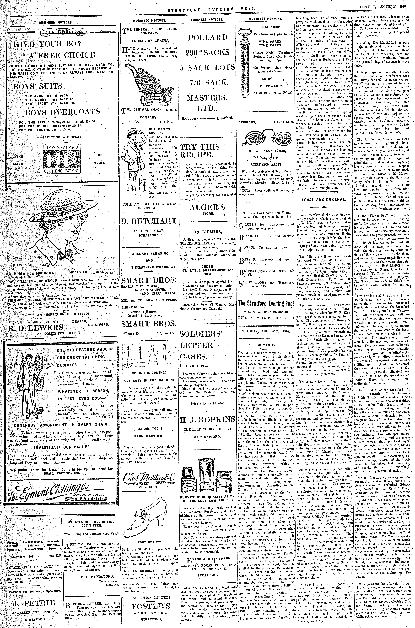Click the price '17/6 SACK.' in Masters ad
207,82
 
